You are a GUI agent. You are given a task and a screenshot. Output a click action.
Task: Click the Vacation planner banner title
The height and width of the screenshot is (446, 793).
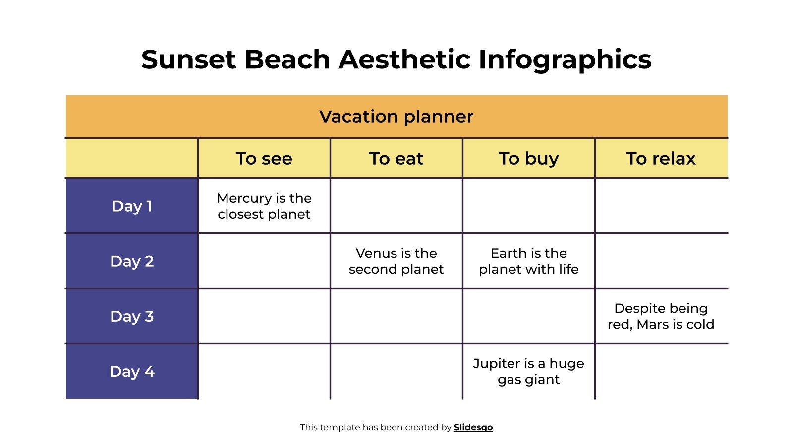[396, 117]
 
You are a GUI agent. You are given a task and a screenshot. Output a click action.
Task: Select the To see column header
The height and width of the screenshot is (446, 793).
[264, 159]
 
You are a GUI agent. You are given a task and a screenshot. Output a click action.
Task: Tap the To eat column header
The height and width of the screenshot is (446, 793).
[396, 159]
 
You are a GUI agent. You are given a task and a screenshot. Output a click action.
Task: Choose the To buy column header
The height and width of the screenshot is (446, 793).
[528, 159]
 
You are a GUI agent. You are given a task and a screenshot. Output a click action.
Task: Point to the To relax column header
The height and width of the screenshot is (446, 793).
[661, 159]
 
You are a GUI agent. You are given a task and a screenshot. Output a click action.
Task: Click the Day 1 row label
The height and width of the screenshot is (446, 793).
[132, 206]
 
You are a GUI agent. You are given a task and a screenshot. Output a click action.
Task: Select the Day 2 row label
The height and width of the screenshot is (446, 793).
[132, 261]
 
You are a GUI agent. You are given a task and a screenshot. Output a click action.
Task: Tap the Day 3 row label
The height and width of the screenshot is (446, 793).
[132, 316]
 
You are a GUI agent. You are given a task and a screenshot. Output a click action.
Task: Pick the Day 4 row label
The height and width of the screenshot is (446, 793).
[132, 371]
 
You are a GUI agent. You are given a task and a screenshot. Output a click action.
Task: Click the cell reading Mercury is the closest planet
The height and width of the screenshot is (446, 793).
[264, 206]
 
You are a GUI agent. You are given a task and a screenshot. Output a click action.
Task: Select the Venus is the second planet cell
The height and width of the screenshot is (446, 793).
[396, 261]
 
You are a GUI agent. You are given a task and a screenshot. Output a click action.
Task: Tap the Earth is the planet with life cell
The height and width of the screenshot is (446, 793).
[528, 261]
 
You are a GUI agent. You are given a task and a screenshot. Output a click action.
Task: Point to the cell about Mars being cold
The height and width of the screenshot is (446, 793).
[661, 316]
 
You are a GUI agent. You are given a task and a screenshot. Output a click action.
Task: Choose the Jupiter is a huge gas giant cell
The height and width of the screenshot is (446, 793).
[528, 371]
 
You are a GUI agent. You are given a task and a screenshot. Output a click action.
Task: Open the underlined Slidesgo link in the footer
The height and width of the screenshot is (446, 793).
[473, 427]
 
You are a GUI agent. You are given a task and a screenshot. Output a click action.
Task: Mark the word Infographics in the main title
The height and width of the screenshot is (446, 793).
[565, 59]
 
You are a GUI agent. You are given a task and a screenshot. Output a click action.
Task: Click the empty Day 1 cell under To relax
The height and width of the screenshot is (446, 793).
[661, 206]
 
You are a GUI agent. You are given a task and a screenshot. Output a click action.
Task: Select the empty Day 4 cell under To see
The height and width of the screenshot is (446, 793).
[264, 371]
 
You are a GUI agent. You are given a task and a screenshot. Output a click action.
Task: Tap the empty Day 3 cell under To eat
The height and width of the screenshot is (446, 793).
[396, 316]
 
